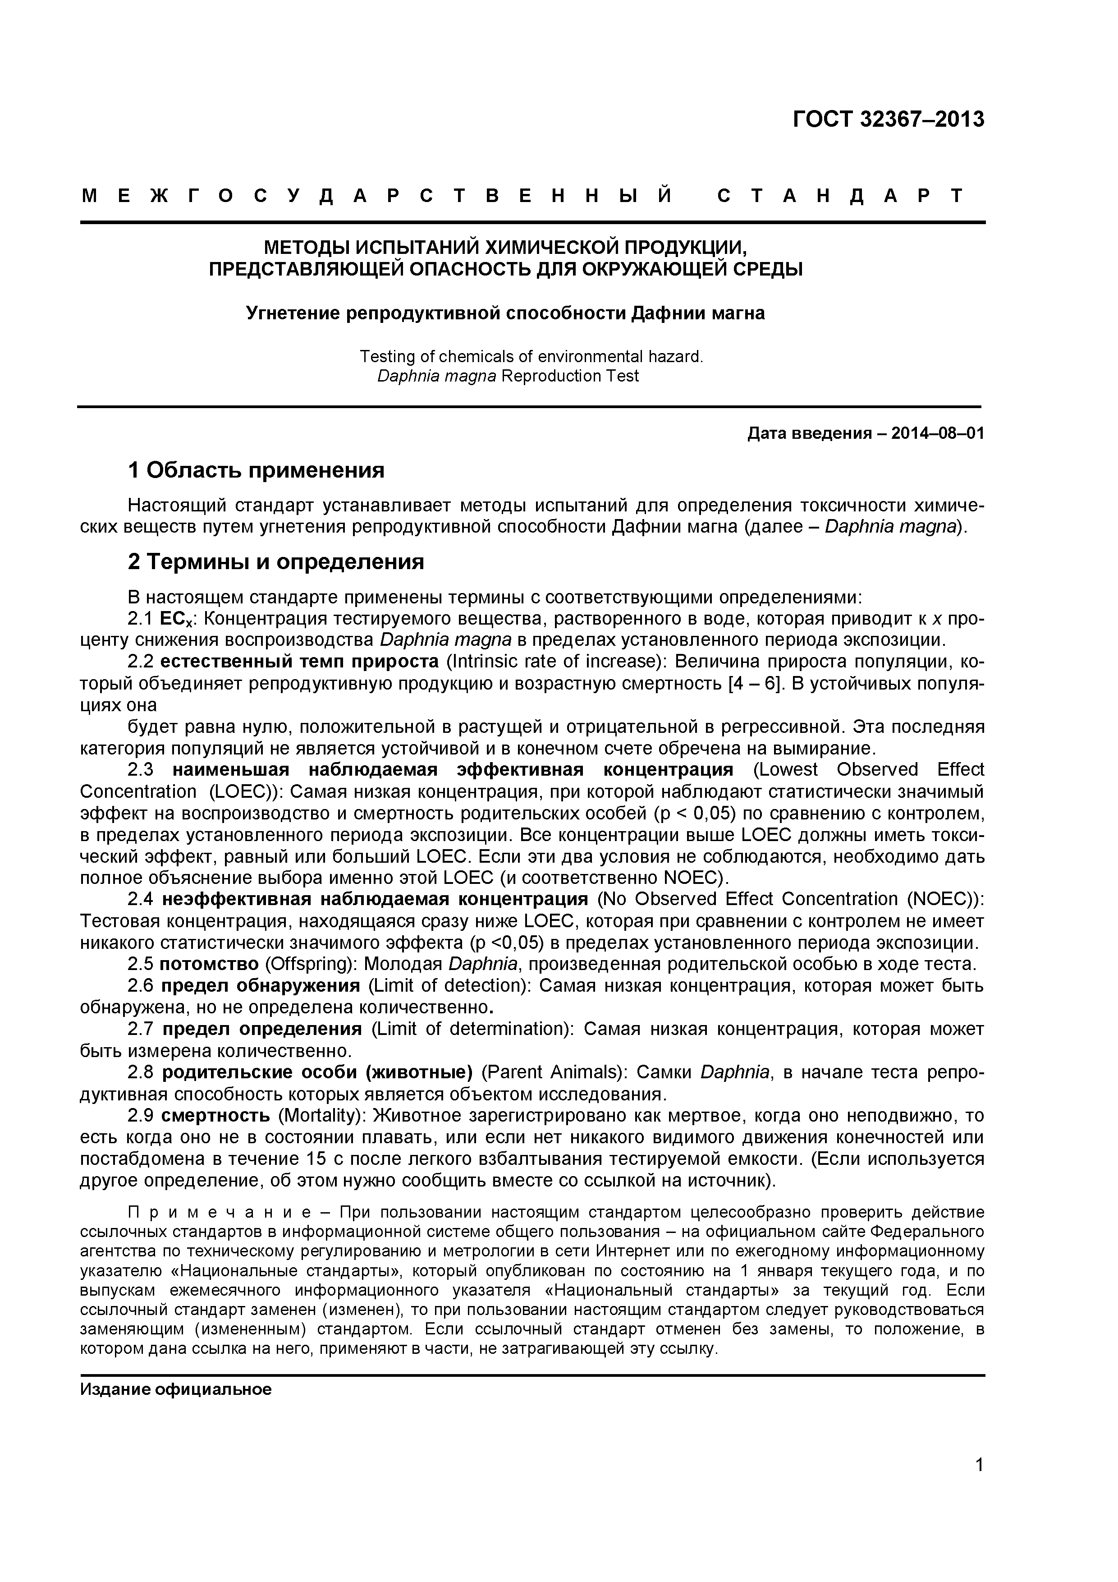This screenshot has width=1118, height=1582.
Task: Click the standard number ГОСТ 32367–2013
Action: [888, 119]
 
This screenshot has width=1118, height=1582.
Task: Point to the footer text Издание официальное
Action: [176, 1389]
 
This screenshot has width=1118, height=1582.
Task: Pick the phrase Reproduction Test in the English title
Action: [570, 376]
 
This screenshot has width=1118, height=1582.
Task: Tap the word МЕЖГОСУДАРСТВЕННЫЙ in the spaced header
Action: [376, 196]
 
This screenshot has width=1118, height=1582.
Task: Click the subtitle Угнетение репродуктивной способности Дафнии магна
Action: [506, 313]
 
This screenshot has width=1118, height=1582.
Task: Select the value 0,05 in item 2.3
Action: [711, 813]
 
